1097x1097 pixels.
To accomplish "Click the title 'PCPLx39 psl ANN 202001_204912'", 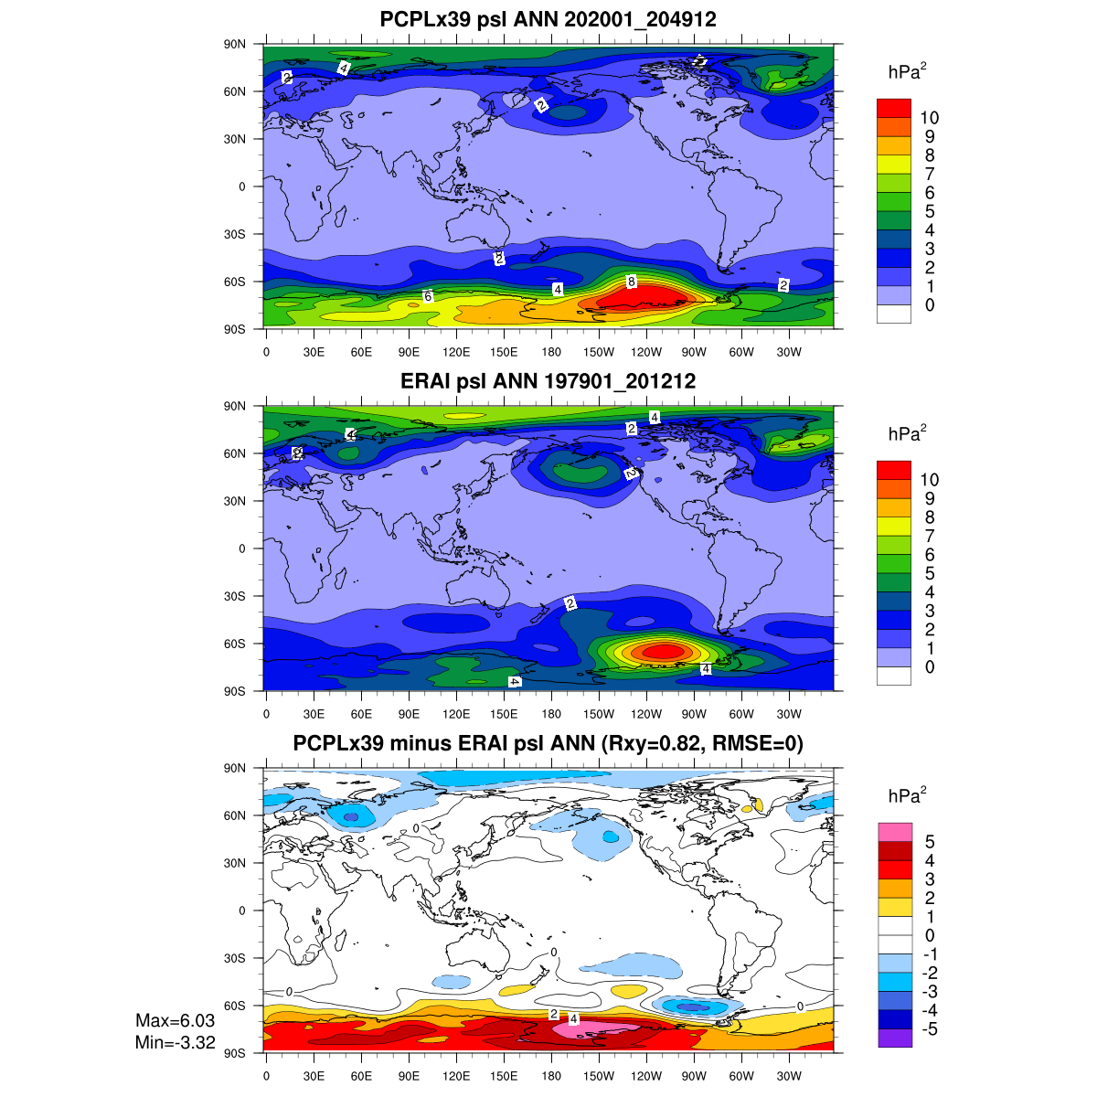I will pos(548,20).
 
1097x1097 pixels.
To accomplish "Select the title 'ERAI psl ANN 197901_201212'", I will pos(548,381).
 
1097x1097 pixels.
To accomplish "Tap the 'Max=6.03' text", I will pos(175,1020).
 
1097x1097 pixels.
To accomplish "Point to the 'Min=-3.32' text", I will pos(175,1040).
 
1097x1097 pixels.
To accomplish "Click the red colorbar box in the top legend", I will pos(893,108).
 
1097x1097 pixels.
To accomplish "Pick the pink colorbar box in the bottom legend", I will pos(893,832).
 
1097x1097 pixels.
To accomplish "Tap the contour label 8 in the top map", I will pos(631,282).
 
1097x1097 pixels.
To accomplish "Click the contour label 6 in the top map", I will pos(428,296).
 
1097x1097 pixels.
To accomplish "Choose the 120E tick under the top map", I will pos(456,352).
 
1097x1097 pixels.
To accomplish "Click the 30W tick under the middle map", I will pos(789,714).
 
